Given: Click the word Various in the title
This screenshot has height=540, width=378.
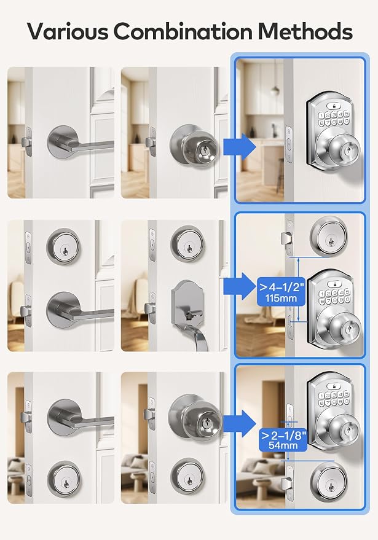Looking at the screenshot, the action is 68,31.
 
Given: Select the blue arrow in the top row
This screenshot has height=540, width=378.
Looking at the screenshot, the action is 240,147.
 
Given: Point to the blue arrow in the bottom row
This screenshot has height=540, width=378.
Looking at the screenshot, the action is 240,423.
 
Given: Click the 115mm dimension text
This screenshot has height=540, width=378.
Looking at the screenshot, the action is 281,298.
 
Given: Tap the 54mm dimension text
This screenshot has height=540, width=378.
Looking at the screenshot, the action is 283,445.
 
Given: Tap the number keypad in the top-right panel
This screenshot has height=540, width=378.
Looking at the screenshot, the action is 333,118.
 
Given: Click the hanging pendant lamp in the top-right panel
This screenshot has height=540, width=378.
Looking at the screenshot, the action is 275,90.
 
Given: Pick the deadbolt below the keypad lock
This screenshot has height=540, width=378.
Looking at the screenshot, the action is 328,481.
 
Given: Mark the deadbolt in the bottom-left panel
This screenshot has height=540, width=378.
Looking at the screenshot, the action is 63,479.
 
